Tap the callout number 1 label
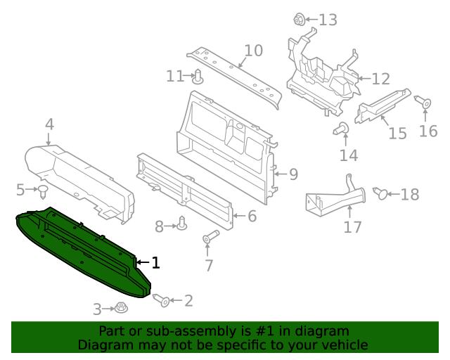(155, 263)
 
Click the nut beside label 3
(121, 308)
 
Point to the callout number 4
(49, 124)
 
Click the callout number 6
(252, 217)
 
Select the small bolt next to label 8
(182, 224)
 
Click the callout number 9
(293, 174)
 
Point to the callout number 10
(253, 51)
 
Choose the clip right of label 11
(198, 76)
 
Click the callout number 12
(380, 79)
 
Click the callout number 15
(397, 133)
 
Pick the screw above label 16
(425, 103)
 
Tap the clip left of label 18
(380, 193)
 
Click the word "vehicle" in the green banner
(342, 345)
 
